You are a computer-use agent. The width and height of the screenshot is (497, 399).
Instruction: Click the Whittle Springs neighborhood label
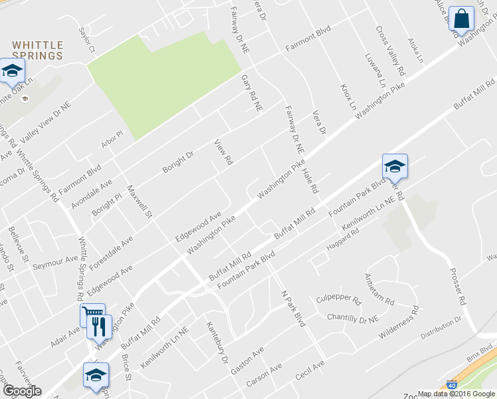38,51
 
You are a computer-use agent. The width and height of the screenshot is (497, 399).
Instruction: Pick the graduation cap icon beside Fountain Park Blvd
395,166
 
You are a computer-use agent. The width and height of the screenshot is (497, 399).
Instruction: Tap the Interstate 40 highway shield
452,384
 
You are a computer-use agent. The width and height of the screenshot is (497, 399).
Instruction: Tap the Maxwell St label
140,201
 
